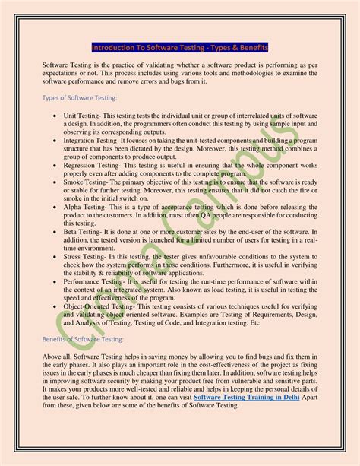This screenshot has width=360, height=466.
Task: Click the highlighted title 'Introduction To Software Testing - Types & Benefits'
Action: coord(180,47)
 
